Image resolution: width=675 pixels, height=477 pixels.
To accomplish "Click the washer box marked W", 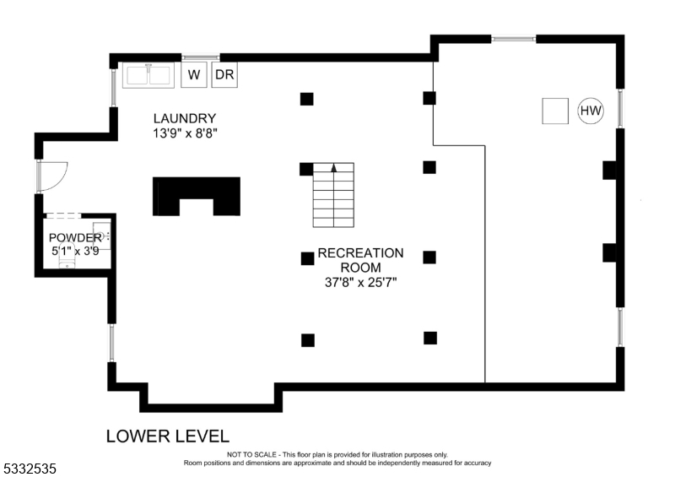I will [x=194, y=74].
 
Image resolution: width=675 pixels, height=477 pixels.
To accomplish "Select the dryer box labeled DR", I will [x=224, y=74].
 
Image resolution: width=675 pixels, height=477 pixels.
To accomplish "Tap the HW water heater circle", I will [x=591, y=111].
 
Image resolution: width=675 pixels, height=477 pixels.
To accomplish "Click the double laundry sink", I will [x=148, y=74].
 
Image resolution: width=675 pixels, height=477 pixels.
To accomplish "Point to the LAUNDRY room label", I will [x=184, y=118].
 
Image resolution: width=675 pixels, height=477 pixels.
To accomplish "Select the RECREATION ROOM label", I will [x=360, y=260].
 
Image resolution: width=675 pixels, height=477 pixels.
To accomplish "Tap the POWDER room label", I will [x=74, y=237].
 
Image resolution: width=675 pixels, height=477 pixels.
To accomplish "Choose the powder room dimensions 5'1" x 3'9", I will [x=74, y=250].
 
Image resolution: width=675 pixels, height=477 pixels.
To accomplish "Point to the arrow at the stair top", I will [x=334, y=167].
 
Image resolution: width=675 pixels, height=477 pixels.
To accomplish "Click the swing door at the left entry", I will [x=52, y=175].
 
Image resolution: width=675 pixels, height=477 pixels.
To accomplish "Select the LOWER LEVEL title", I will [x=167, y=436].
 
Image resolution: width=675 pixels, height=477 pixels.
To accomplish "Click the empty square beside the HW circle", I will [x=555, y=111].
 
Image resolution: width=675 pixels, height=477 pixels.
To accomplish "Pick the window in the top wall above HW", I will [x=514, y=38].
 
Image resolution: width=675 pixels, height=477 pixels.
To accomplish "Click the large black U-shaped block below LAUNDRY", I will [x=196, y=195].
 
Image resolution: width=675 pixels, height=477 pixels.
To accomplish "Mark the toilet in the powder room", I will [x=67, y=263].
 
